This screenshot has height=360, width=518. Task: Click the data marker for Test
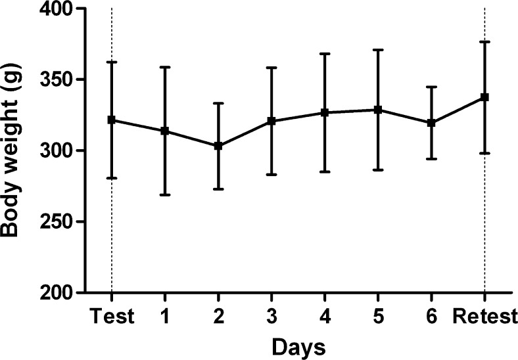click(112, 120)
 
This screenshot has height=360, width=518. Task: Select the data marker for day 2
click(218, 146)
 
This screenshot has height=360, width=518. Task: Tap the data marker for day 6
click(431, 123)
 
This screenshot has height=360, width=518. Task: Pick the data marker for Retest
click(484, 97)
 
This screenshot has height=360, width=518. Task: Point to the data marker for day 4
click(325, 112)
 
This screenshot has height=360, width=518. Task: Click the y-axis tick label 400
click(52, 9)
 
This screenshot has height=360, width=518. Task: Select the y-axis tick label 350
click(52, 80)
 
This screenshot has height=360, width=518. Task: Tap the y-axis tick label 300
click(52, 150)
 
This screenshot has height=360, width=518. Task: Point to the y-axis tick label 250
click(52, 221)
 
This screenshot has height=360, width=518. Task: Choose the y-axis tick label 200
click(52, 292)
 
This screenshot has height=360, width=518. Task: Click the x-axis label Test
click(112, 317)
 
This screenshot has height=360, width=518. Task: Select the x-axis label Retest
click(484, 317)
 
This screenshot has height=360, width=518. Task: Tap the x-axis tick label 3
click(271, 317)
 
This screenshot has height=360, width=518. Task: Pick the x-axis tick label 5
click(378, 317)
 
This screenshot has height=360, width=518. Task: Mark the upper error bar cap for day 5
click(378, 49)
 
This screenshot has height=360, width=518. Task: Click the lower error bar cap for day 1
click(165, 195)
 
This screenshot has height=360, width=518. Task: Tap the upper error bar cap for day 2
click(218, 103)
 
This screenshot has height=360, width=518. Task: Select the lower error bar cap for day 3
click(271, 175)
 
